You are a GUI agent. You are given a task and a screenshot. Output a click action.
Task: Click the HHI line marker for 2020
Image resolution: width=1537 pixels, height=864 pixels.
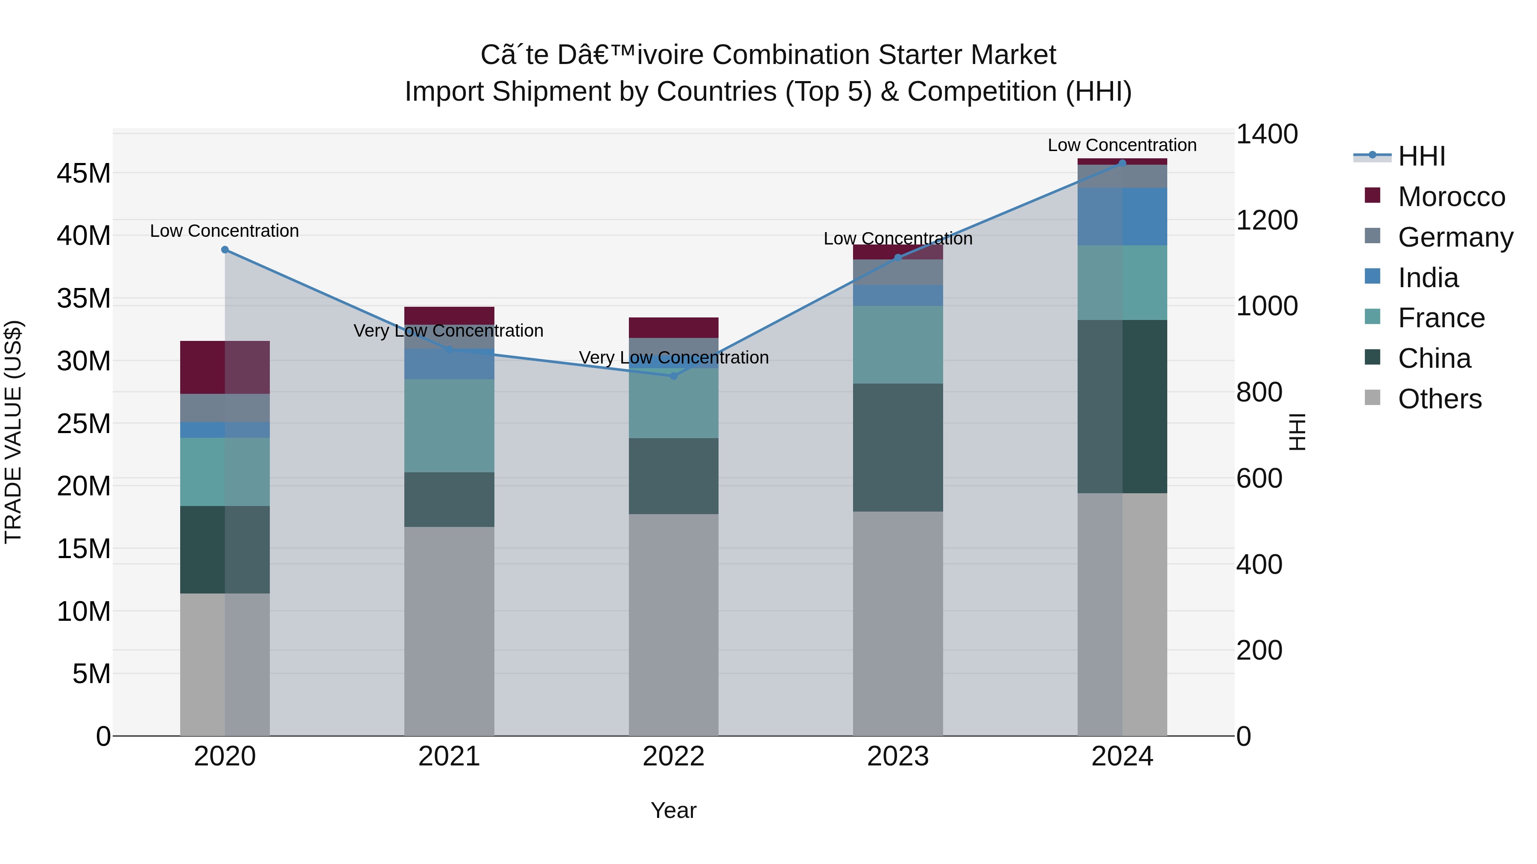pos(225,250)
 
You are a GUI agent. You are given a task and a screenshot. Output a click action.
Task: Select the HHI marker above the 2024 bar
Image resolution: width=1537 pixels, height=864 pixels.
pos(1122,163)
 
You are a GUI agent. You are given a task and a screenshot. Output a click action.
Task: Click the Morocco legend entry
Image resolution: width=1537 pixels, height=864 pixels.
pos(1451,197)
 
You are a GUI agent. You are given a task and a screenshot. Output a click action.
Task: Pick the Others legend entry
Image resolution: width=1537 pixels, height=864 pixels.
pos(1439,399)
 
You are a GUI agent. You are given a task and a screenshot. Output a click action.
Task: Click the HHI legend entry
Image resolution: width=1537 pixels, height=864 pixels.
pos(1421,156)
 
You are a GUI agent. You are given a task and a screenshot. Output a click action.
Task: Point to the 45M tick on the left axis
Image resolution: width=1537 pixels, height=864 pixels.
pos(84,174)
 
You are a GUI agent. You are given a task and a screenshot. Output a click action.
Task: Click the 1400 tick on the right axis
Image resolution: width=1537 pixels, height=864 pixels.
pos(1266,134)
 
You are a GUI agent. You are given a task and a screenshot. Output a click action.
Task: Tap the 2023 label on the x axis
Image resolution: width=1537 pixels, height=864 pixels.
pos(897,756)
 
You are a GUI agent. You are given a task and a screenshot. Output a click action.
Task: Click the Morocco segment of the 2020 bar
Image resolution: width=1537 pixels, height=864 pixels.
pos(225,367)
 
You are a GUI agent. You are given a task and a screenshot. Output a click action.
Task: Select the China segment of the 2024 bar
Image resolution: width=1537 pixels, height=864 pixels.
pos(1122,407)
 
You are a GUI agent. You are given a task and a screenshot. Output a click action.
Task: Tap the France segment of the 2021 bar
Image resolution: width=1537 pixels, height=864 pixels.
pos(449,426)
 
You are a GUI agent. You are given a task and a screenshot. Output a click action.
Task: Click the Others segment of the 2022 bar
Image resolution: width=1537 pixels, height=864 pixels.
pos(674,625)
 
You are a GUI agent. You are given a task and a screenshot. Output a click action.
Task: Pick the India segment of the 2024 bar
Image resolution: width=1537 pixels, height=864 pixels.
pos(1122,216)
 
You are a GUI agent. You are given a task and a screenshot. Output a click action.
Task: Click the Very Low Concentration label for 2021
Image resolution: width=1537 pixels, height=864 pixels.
pos(448,331)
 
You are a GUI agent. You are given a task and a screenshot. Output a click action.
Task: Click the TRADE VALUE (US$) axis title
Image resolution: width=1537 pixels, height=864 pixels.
pos(14,432)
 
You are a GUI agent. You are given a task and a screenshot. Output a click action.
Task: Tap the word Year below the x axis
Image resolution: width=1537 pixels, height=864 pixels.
pos(674,810)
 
